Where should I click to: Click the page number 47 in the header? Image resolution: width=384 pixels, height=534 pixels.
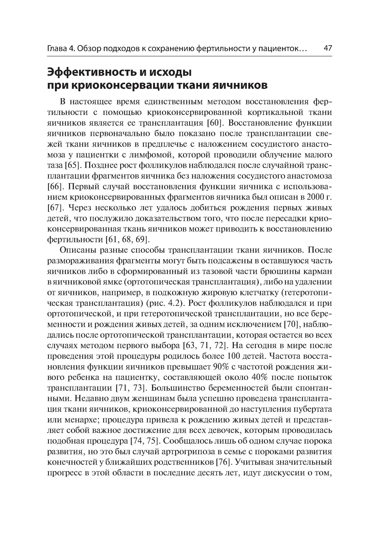click(328, 49)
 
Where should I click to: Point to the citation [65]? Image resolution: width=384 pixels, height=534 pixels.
click(71, 166)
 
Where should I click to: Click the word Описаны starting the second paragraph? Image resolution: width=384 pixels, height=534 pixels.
click(78, 250)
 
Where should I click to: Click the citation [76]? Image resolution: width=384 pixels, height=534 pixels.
click(225, 462)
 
